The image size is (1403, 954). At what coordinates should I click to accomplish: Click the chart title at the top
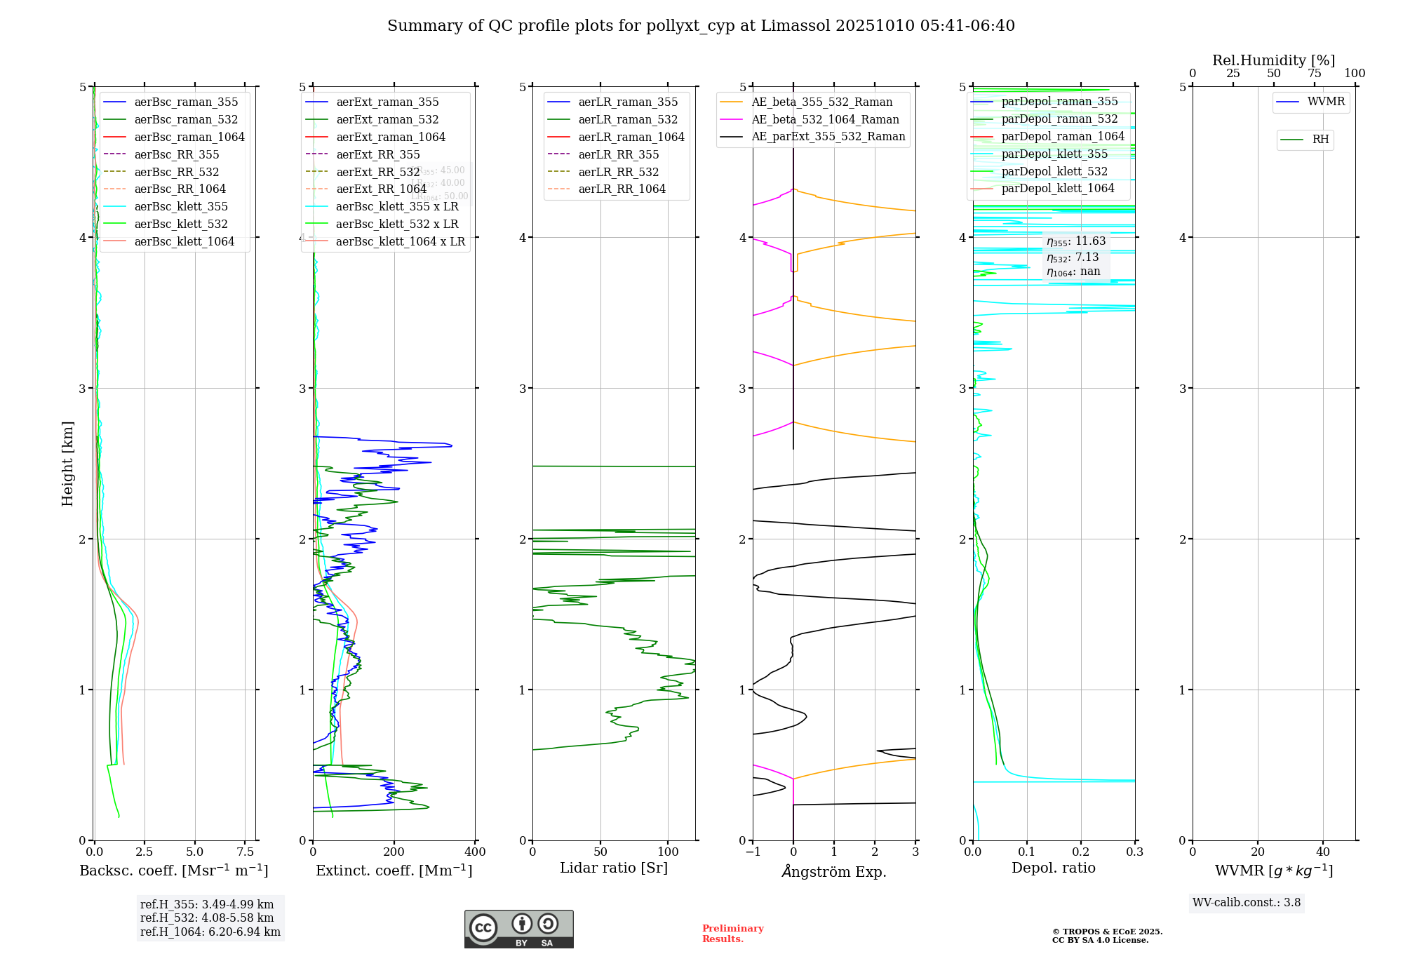click(701, 26)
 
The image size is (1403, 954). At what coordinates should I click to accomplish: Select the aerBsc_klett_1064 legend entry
click(184, 241)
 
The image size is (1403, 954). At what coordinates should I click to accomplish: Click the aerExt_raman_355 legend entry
click(387, 102)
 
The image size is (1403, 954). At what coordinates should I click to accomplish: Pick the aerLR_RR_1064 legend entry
click(622, 189)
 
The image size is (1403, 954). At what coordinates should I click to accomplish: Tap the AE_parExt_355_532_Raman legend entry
click(828, 136)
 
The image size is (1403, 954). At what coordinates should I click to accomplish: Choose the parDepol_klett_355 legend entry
click(1054, 154)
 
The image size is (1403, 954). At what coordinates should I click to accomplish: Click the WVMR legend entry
click(1326, 102)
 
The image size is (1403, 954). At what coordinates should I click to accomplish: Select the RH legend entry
click(1320, 140)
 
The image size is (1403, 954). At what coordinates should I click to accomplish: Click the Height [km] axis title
click(67, 464)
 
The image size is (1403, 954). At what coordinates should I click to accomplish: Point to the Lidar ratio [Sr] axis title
click(614, 868)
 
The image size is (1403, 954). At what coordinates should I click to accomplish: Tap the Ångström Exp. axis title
click(834, 871)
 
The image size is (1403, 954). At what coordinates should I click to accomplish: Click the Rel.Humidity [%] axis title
click(1273, 60)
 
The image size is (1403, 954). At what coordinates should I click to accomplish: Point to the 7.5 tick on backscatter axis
click(245, 852)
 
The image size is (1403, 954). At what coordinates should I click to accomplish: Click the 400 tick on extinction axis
click(475, 852)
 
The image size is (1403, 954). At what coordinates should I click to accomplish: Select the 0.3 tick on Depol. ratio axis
click(1134, 852)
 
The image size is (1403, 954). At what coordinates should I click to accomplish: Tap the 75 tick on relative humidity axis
click(1314, 74)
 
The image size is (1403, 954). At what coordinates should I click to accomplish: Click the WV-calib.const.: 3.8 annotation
click(1246, 903)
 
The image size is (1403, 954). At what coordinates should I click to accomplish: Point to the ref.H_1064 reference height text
click(210, 932)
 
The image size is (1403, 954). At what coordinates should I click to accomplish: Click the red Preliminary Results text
click(732, 934)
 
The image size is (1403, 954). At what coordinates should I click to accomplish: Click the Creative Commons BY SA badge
click(518, 929)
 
